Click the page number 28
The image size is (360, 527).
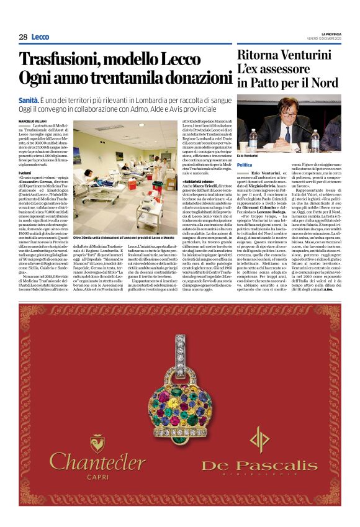[x=23, y=37]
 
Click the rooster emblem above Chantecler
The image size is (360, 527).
[x=97, y=443]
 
